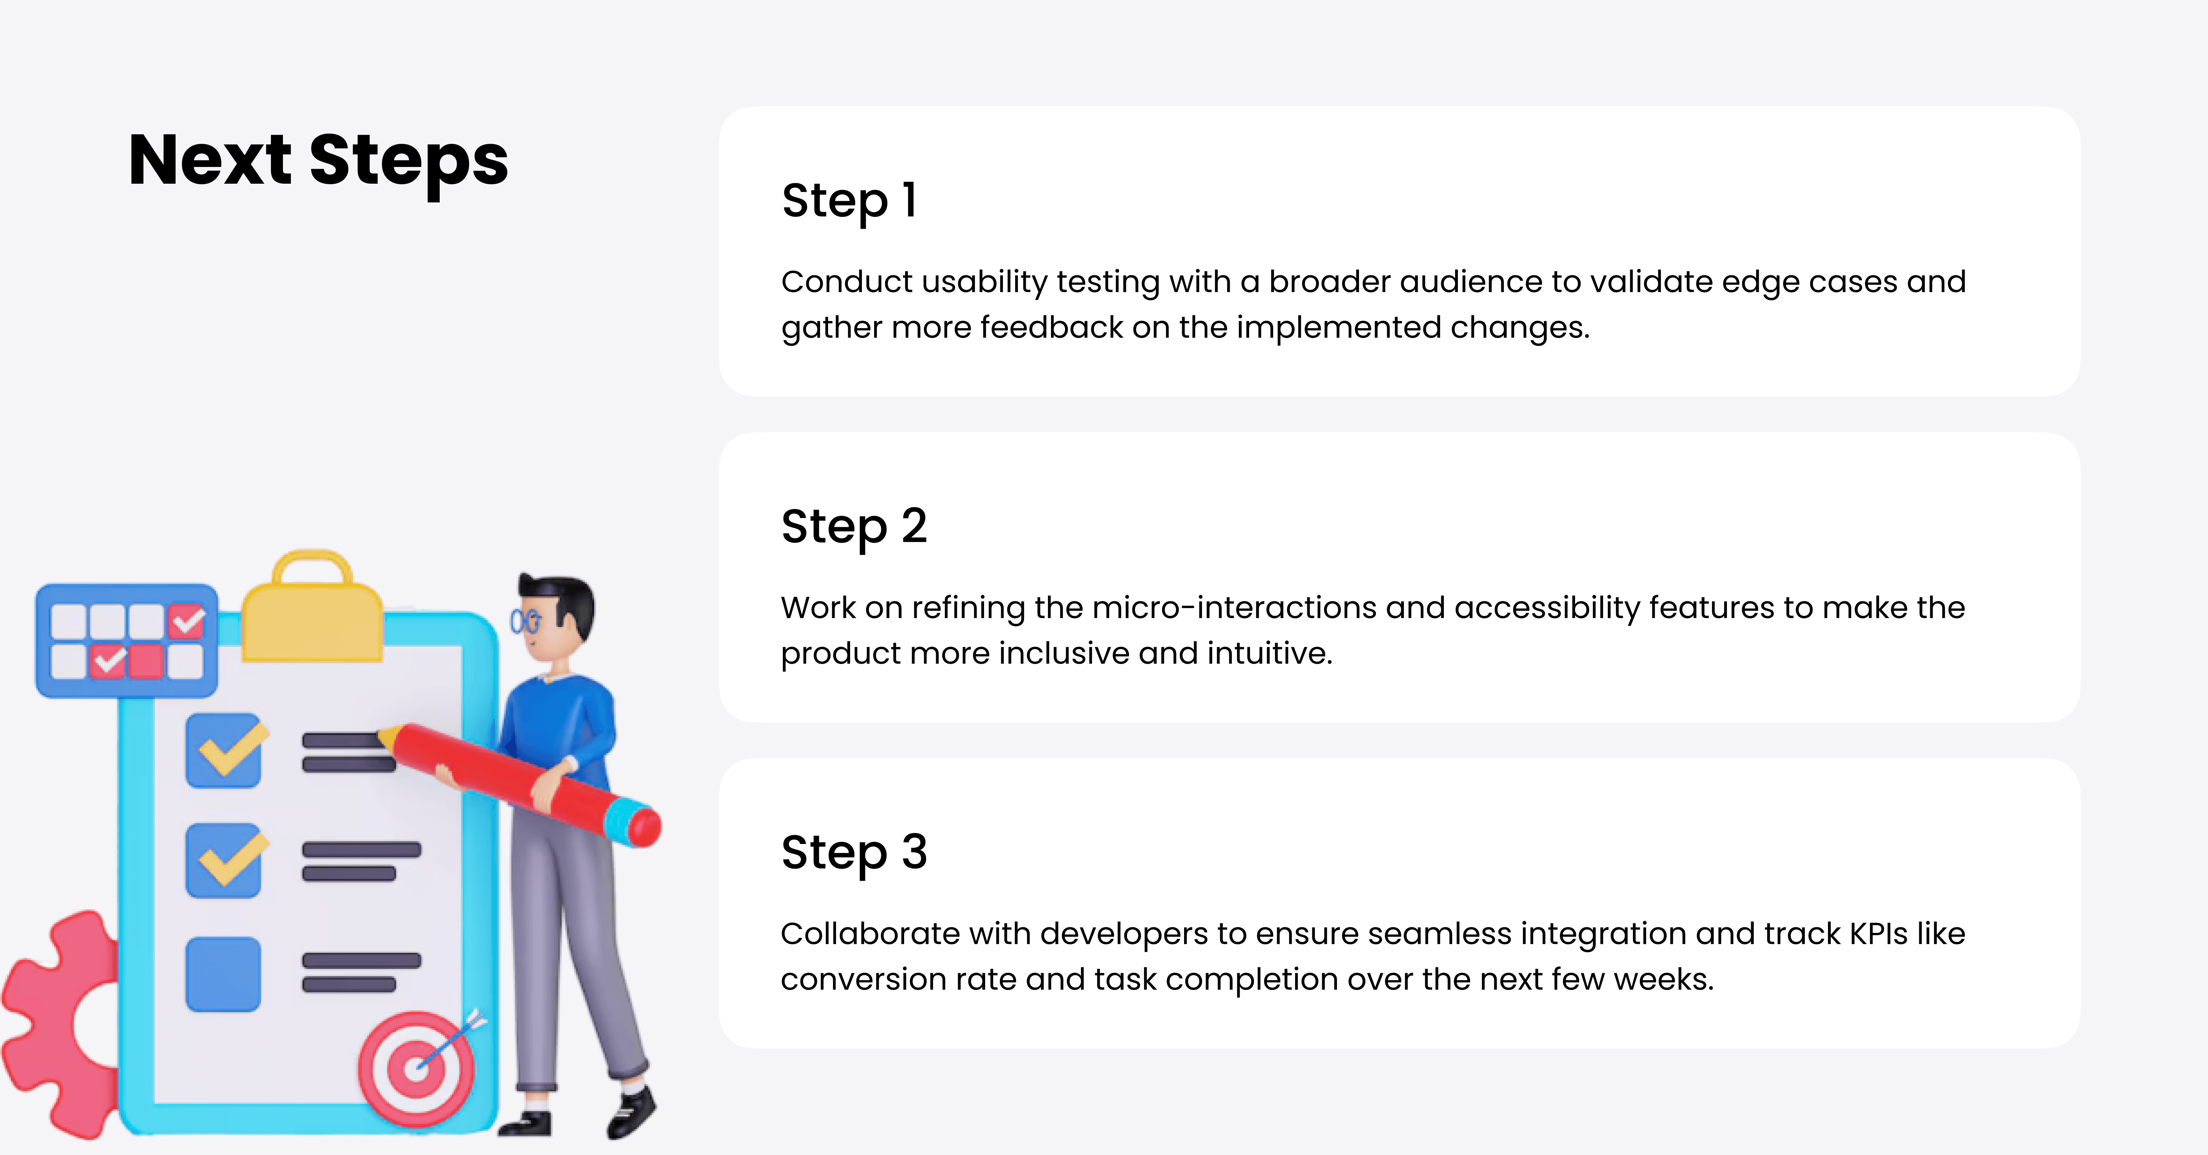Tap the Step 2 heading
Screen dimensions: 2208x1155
click(x=854, y=526)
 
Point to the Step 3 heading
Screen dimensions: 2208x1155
click(x=854, y=853)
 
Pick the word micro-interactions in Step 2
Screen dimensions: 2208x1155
click(x=1234, y=607)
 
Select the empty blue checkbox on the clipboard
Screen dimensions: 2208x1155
click(x=223, y=974)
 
